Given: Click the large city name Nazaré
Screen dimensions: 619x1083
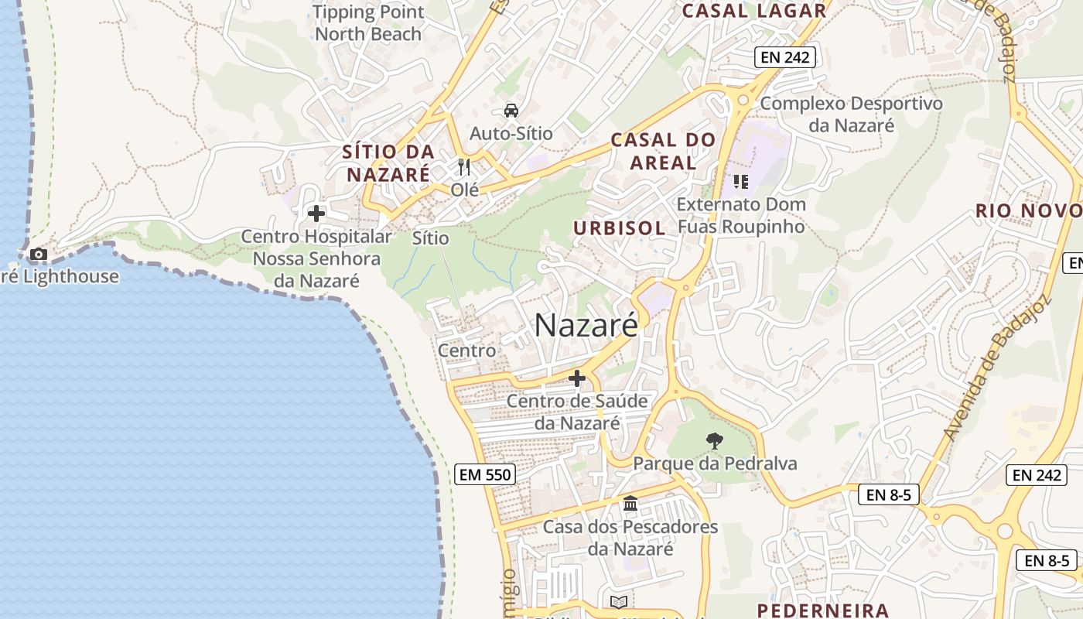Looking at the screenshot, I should click(x=586, y=325).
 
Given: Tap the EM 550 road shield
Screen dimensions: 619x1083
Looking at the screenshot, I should click(x=485, y=474).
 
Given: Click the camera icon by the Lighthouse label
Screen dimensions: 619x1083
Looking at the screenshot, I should click(x=38, y=254).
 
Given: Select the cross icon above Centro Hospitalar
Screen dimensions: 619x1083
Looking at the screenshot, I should click(x=316, y=213).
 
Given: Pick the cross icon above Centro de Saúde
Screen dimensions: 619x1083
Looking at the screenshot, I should click(x=577, y=378).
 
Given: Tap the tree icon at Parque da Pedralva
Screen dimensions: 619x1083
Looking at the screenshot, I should click(x=715, y=441).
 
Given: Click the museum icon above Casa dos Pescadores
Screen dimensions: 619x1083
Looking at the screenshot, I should click(x=630, y=504).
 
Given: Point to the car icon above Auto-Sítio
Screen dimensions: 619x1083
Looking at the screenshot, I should click(x=511, y=111).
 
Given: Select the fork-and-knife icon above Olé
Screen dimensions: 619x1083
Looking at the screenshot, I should click(x=464, y=166).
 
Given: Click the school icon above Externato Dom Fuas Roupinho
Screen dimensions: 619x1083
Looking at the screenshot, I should click(x=740, y=182).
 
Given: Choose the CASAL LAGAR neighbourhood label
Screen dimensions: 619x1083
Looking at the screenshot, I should click(x=753, y=11).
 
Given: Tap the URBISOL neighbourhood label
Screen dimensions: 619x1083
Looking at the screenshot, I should click(x=619, y=227).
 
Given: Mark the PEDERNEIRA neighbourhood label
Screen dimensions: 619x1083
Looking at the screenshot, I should click(x=822, y=610).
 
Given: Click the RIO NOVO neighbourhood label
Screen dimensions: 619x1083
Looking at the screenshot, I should click(x=1028, y=210).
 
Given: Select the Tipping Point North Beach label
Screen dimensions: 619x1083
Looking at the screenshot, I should click(x=369, y=23).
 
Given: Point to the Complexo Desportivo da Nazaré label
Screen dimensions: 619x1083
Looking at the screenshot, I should click(x=851, y=114).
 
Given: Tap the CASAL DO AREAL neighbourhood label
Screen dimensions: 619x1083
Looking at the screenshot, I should click(x=663, y=151).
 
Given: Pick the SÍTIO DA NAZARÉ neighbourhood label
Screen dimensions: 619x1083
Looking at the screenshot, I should click(x=388, y=162).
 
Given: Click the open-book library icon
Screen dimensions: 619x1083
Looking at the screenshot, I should click(x=618, y=602).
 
